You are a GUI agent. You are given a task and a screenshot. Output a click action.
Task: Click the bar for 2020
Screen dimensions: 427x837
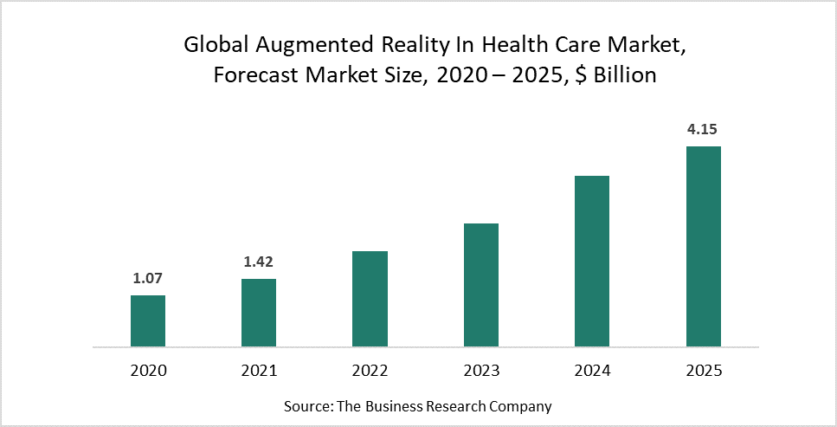click(x=148, y=321)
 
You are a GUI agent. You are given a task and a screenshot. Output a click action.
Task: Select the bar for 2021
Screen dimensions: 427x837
click(x=259, y=313)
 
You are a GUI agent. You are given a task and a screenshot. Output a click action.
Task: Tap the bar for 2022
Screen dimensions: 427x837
click(x=370, y=299)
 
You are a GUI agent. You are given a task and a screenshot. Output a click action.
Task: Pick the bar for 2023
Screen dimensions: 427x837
click(x=481, y=285)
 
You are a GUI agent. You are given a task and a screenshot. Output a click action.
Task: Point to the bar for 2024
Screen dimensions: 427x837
click(x=592, y=261)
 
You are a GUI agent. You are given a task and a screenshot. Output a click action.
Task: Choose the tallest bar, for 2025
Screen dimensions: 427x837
click(x=704, y=246)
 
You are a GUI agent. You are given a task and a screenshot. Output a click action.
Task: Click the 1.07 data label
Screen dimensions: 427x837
click(x=148, y=278)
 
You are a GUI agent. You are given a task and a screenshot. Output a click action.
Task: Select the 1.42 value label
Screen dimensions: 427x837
click(x=259, y=262)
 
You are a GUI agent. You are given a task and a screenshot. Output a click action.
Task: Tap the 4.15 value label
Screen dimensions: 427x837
click(x=703, y=130)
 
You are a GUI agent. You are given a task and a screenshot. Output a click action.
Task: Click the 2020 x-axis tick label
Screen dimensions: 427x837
click(x=148, y=371)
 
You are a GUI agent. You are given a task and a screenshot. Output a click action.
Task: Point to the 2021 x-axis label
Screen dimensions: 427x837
click(x=259, y=371)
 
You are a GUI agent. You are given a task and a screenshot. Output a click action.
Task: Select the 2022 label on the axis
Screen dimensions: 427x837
click(x=370, y=371)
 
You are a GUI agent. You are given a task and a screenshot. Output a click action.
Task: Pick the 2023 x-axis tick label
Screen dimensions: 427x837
click(x=481, y=371)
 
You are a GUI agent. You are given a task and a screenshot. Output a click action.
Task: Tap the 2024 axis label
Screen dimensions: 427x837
click(x=592, y=371)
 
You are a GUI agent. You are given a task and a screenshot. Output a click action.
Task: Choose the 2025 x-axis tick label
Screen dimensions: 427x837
click(x=704, y=371)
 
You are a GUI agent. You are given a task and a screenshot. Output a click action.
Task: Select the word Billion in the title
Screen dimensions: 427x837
click(x=619, y=76)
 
